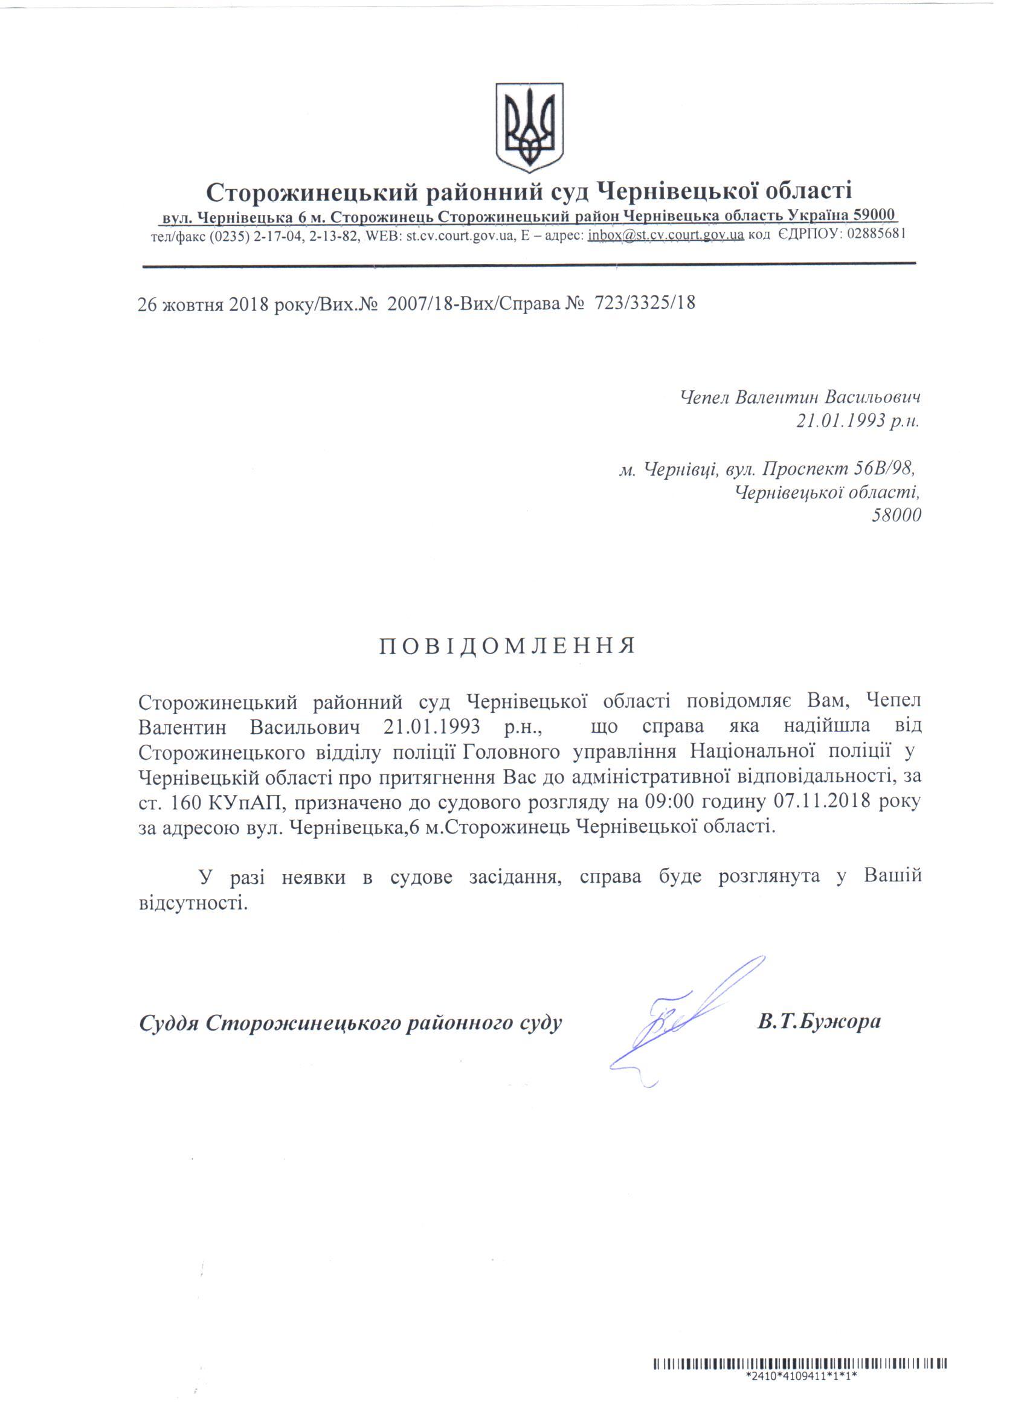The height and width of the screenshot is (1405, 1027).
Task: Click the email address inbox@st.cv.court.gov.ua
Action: (665, 236)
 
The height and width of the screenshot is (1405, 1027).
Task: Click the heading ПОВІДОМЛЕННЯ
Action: (507, 646)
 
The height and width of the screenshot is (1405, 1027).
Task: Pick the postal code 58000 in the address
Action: (896, 515)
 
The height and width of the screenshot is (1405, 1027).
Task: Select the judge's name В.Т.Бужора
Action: (819, 1021)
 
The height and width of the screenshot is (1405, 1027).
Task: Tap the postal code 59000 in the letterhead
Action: (874, 215)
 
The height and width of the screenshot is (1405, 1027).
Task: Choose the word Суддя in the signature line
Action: (169, 1022)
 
